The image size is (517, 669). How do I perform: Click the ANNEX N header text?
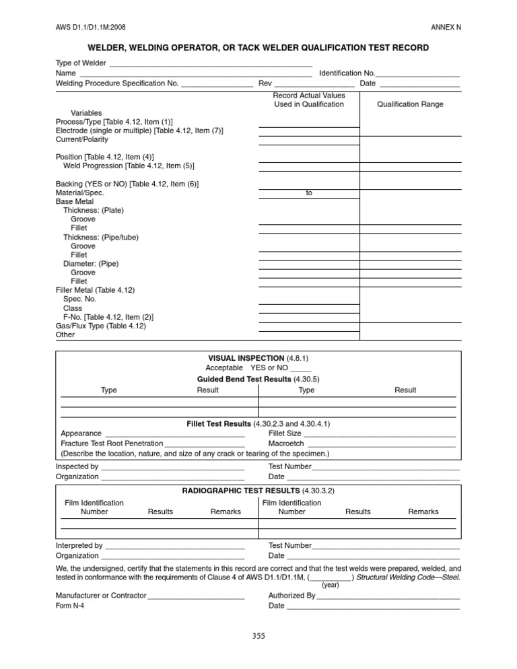445,27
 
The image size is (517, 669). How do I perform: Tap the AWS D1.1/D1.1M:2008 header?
90,27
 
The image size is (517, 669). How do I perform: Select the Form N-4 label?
70,606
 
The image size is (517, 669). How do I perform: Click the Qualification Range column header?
410,104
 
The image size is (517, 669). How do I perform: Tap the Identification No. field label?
347,73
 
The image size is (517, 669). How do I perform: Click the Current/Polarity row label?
81,140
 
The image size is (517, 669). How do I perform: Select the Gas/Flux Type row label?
101,326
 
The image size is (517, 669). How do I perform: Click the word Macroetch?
286,444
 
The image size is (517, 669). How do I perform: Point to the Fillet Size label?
285,433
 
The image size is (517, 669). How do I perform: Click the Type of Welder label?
81,63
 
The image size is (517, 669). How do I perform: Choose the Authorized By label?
291,596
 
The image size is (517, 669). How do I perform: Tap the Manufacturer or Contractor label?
100,596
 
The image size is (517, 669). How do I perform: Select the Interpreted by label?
79,546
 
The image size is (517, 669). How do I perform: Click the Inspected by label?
77,466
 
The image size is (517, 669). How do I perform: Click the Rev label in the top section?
265,83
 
